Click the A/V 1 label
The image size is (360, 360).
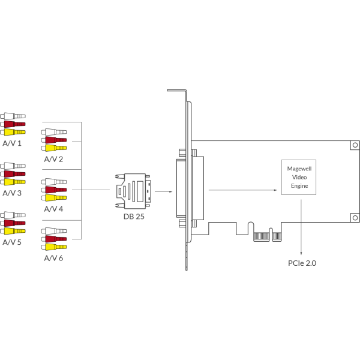pyautogui.click(x=12, y=143)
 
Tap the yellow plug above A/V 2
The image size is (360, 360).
pyautogui.click(x=54, y=148)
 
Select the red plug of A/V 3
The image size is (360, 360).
pyautogui.click(x=13, y=174)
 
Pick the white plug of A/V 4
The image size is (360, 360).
pyautogui.click(x=54, y=182)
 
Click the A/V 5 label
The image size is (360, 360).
pyautogui.click(x=12, y=242)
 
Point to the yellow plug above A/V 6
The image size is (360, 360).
pyautogui.click(x=54, y=247)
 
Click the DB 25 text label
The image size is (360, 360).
pyautogui.click(x=134, y=217)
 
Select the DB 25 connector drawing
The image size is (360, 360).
pyautogui.click(x=133, y=191)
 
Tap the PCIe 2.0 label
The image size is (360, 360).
pyautogui.click(x=302, y=263)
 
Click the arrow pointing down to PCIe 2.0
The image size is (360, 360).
pyautogui.click(x=301, y=227)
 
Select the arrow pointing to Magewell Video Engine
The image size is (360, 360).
pyautogui.click(x=243, y=190)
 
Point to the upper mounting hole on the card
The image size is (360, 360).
pyautogui.click(x=355, y=145)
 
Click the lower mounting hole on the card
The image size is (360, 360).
pyautogui.click(x=355, y=218)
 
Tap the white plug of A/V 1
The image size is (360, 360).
pyautogui.click(x=13, y=116)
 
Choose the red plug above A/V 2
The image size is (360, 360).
pyautogui.click(x=54, y=140)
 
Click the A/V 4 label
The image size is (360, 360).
pyautogui.click(x=53, y=209)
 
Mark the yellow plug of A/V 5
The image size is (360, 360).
pyautogui.click(x=13, y=231)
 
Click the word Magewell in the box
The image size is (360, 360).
pyautogui.click(x=299, y=169)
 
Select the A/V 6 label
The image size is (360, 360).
pyautogui.click(x=53, y=258)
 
